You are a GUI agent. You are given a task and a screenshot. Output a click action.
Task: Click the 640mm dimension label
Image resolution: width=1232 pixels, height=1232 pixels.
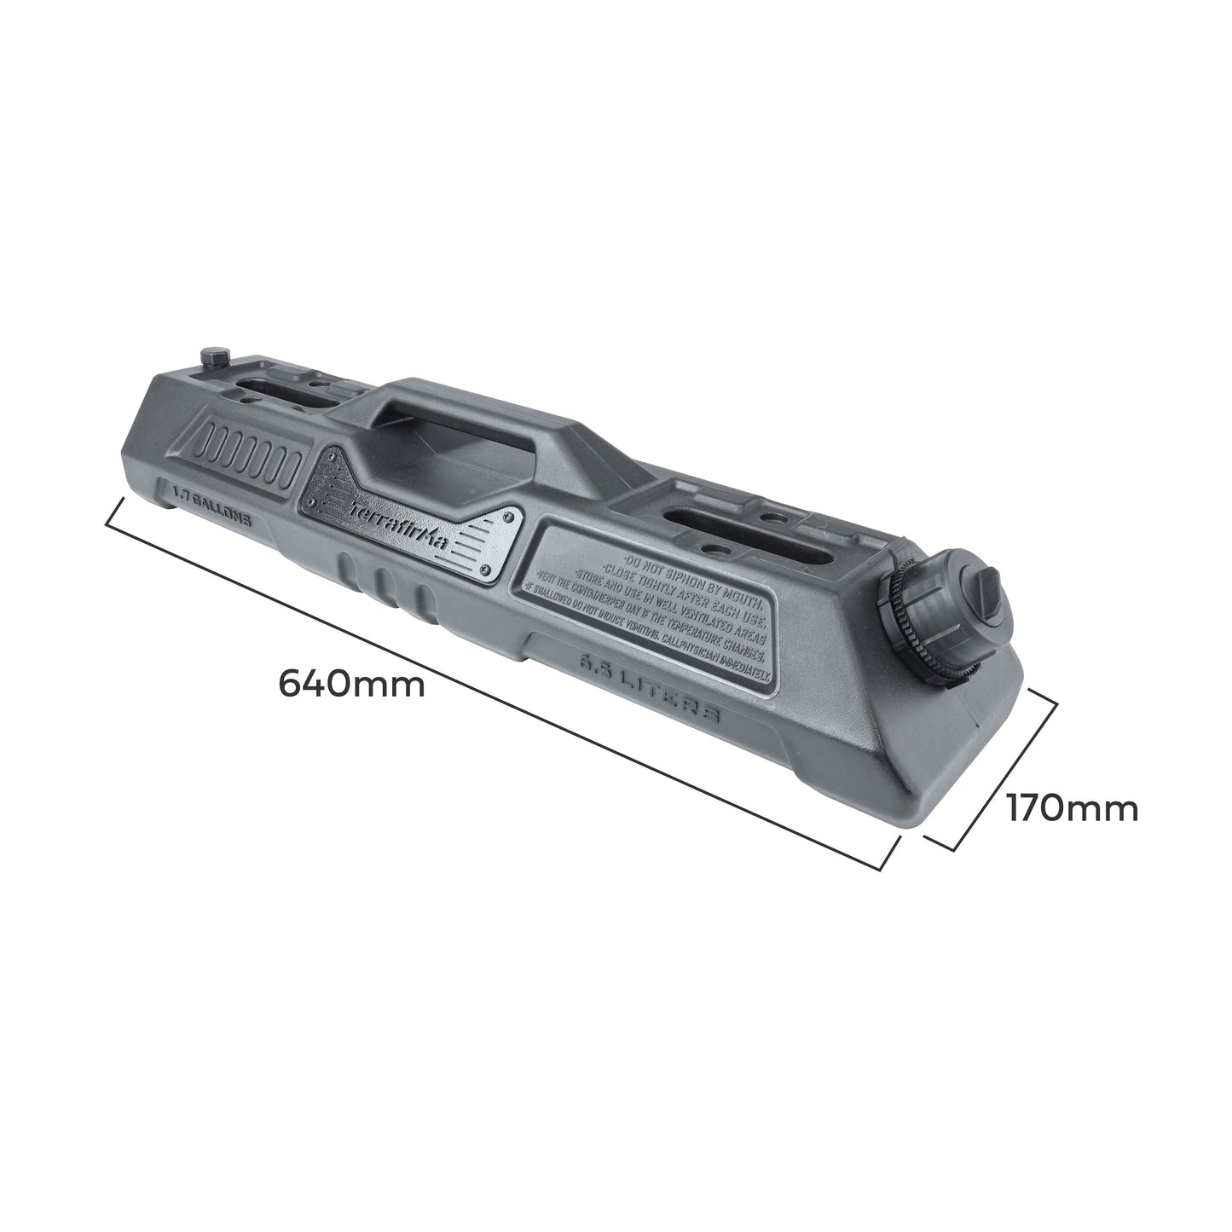pyautogui.click(x=352, y=683)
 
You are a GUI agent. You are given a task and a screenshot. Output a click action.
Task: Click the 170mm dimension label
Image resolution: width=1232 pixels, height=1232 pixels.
pyautogui.click(x=1072, y=807)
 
